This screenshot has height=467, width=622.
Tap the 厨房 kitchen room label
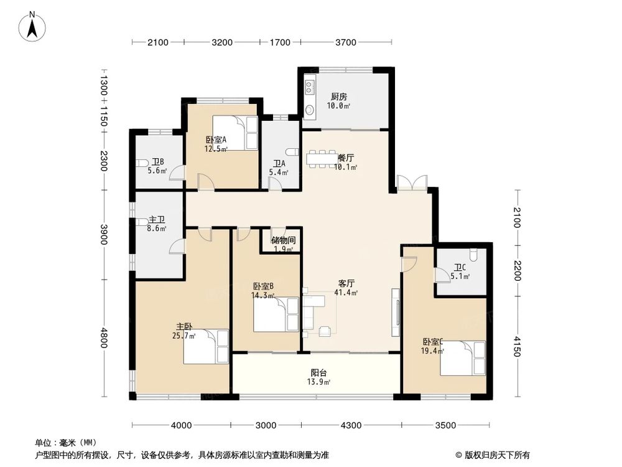(339, 101)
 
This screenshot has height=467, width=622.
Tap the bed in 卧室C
(462, 358)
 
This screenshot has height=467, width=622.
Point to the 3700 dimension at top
(346, 42)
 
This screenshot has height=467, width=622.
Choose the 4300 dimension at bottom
(350, 425)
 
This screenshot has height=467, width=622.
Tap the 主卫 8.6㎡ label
(157, 224)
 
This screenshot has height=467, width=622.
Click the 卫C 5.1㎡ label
(460, 273)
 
